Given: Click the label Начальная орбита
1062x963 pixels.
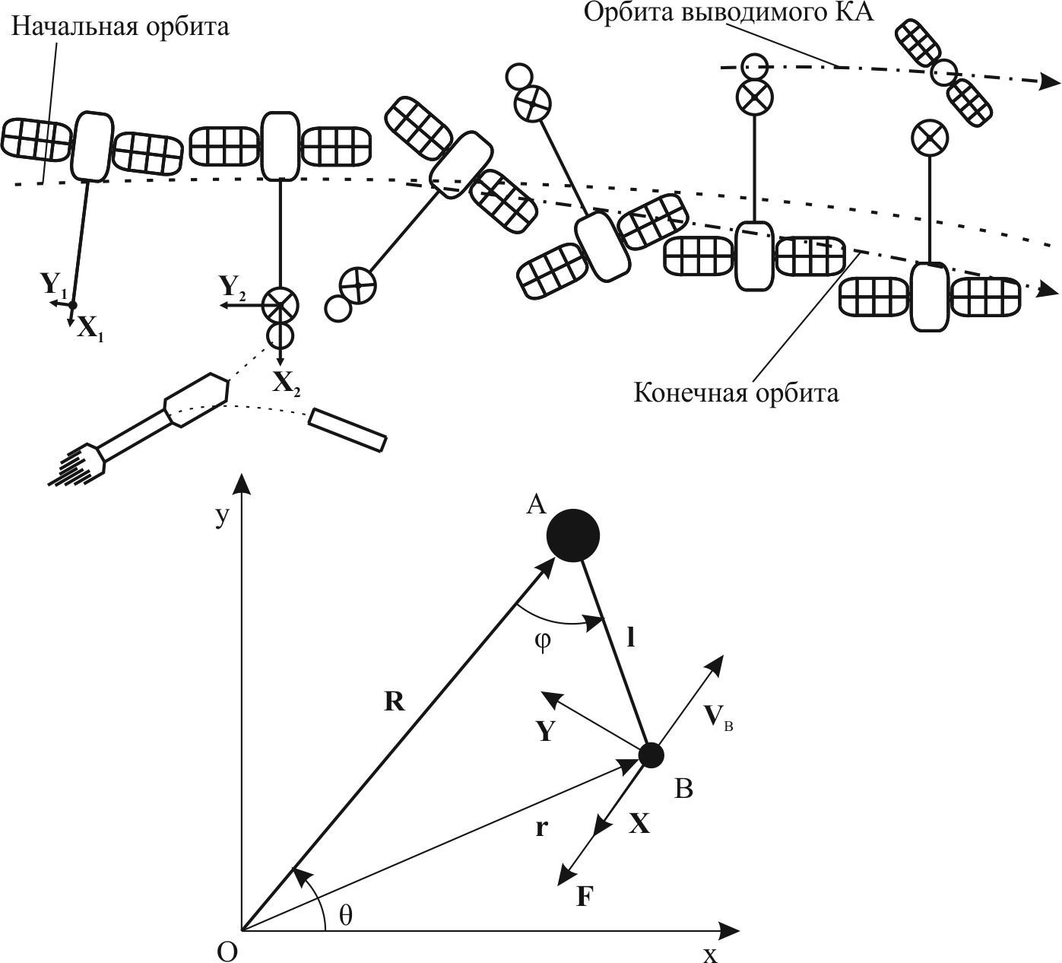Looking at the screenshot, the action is pyautogui.click(x=120, y=27).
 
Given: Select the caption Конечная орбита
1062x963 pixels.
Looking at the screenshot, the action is pyautogui.click(x=736, y=393).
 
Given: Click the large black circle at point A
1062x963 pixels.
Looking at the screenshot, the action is pyautogui.click(x=573, y=536).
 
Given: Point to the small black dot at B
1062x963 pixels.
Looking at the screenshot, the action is pyautogui.click(x=651, y=755).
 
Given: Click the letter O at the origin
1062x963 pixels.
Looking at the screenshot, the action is pyautogui.click(x=227, y=952).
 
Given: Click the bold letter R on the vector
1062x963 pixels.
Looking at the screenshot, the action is pyautogui.click(x=395, y=702).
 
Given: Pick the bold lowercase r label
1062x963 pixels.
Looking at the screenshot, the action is pyautogui.click(x=541, y=828).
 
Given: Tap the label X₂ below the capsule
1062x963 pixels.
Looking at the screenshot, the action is pyautogui.click(x=287, y=383).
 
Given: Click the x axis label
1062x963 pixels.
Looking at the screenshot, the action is pyautogui.click(x=710, y=953).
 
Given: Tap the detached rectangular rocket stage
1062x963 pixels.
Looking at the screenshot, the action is pyautogui.click(x=348, y=430).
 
